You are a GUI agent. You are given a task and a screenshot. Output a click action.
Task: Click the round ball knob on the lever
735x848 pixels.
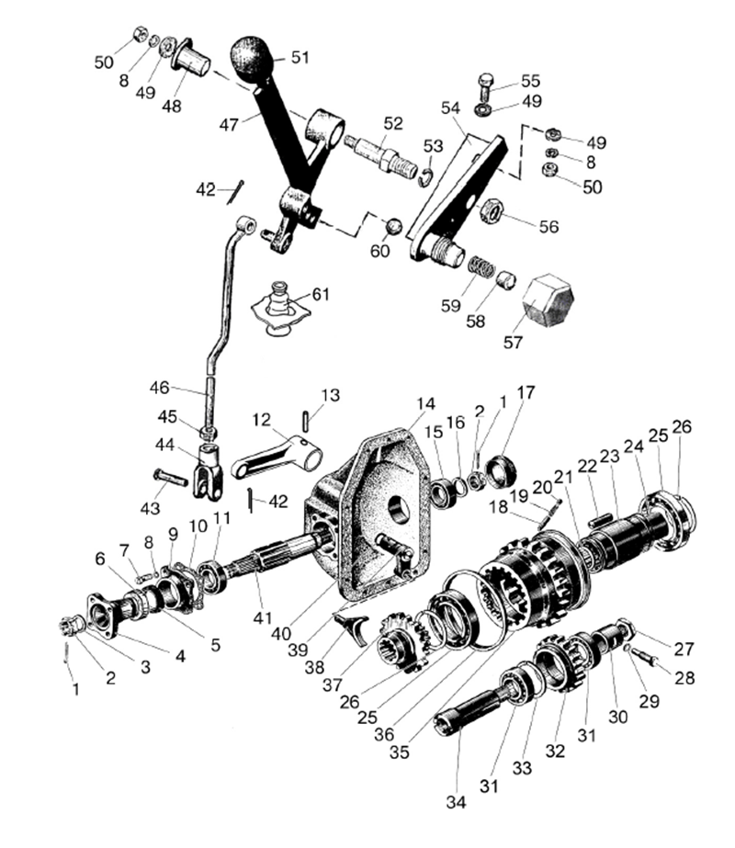(252, 58)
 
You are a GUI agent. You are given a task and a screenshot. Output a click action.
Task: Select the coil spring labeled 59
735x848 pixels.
(481, 266)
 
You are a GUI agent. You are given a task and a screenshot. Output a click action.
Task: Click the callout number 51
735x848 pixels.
(300, 57)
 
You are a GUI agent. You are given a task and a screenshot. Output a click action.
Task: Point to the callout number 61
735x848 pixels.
(321, 294)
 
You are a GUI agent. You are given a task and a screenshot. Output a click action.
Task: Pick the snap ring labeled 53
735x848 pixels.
(426, 178)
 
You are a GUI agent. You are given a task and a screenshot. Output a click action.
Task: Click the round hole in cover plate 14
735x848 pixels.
(401, 509)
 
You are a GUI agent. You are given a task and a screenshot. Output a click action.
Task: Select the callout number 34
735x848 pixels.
(456, 803)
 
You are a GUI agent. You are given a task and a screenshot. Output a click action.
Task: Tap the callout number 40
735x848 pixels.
(281, 633)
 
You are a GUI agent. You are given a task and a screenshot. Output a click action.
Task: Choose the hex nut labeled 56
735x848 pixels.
(492, 211)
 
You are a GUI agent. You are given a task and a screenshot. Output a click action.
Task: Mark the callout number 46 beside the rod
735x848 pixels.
(160, 387)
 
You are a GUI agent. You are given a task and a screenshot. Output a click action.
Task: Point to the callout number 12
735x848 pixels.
(261, 419)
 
